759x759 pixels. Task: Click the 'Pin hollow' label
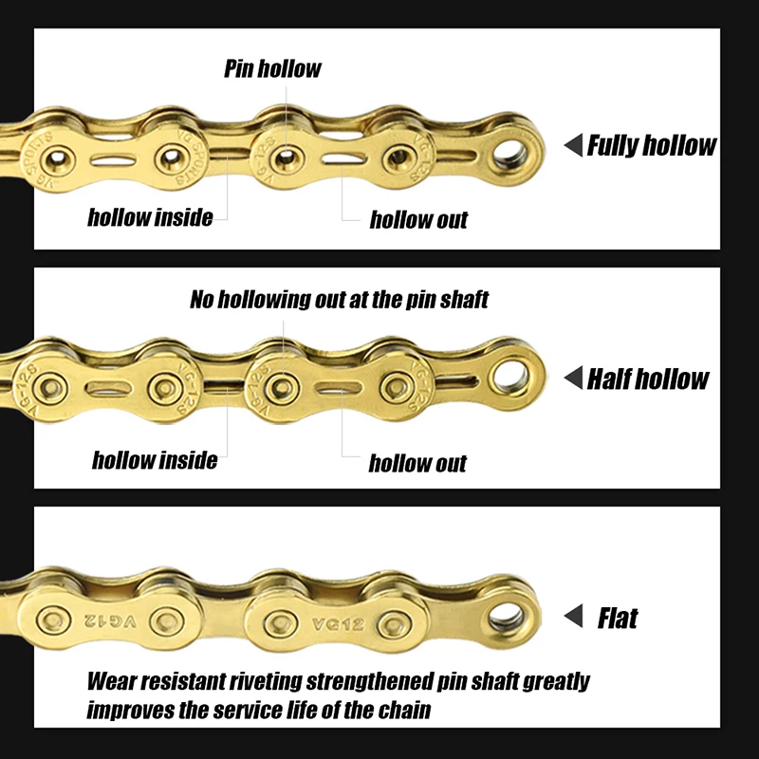click(272, 69)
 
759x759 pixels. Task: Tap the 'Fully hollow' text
click(652, 146)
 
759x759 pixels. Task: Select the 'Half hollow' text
click(648, 379)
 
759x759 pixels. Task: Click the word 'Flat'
click(618, 619)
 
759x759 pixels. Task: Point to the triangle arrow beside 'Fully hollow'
click(573, 146)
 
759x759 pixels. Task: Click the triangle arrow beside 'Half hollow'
click(573, 379)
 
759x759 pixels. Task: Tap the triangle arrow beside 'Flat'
click(573, 619)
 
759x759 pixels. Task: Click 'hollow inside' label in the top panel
click(150, 217)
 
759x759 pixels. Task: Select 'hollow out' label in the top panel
click(418, 220)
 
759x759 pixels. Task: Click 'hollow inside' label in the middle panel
click(155, 461)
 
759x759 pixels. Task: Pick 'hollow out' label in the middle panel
click(417, 464)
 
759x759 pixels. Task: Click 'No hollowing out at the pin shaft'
click(339, 301)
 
